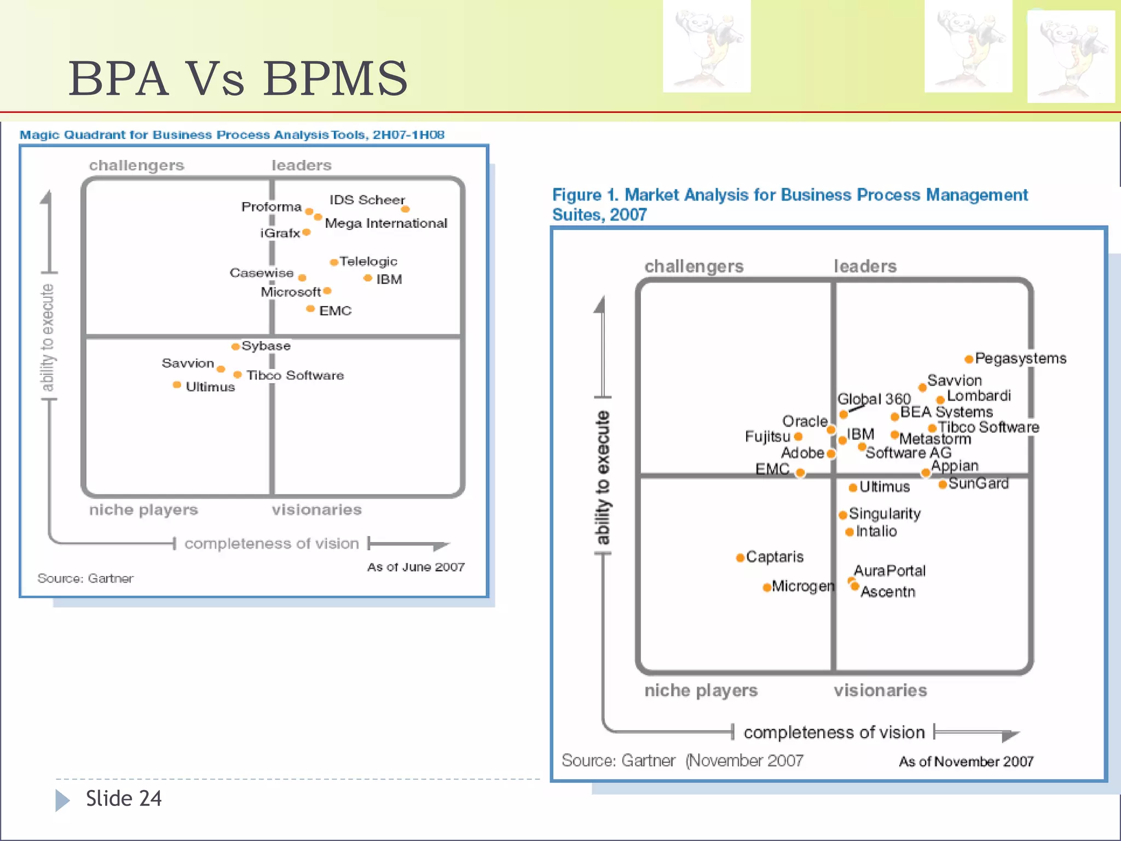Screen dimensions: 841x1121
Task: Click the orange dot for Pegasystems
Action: click(968, 359)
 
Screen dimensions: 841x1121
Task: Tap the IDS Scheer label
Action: click(367, 200)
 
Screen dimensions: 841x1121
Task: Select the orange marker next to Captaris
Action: click(740, 557)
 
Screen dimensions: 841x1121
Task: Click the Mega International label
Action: click(386, 223)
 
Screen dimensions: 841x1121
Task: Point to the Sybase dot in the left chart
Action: click(235, 347)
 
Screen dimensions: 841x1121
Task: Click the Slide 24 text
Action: click(124, 799)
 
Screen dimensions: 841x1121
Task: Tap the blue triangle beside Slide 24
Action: click(62, 800)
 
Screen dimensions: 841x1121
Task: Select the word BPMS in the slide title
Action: click(336, 79)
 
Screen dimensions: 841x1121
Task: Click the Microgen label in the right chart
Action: click(803, 586)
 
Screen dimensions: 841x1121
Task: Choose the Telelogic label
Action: click(368, 262)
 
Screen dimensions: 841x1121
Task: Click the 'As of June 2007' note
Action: click(415, 567)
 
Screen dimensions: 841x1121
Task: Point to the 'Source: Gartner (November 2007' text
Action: click(682, 761)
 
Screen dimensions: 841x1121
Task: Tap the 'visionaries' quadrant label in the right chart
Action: click(880, 690)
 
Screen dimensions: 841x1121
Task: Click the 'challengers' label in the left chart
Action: click(137, 165)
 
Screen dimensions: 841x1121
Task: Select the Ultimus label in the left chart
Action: click(210, 387)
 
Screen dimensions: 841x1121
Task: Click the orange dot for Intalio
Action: click(850, 532)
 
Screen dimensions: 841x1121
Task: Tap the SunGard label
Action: click(978, 483)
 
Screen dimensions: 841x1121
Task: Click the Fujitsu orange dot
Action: click(798, 436)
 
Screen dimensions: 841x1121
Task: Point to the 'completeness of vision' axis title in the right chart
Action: click(834, 733)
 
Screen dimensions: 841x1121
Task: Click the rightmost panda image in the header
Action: click(1071, 56)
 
